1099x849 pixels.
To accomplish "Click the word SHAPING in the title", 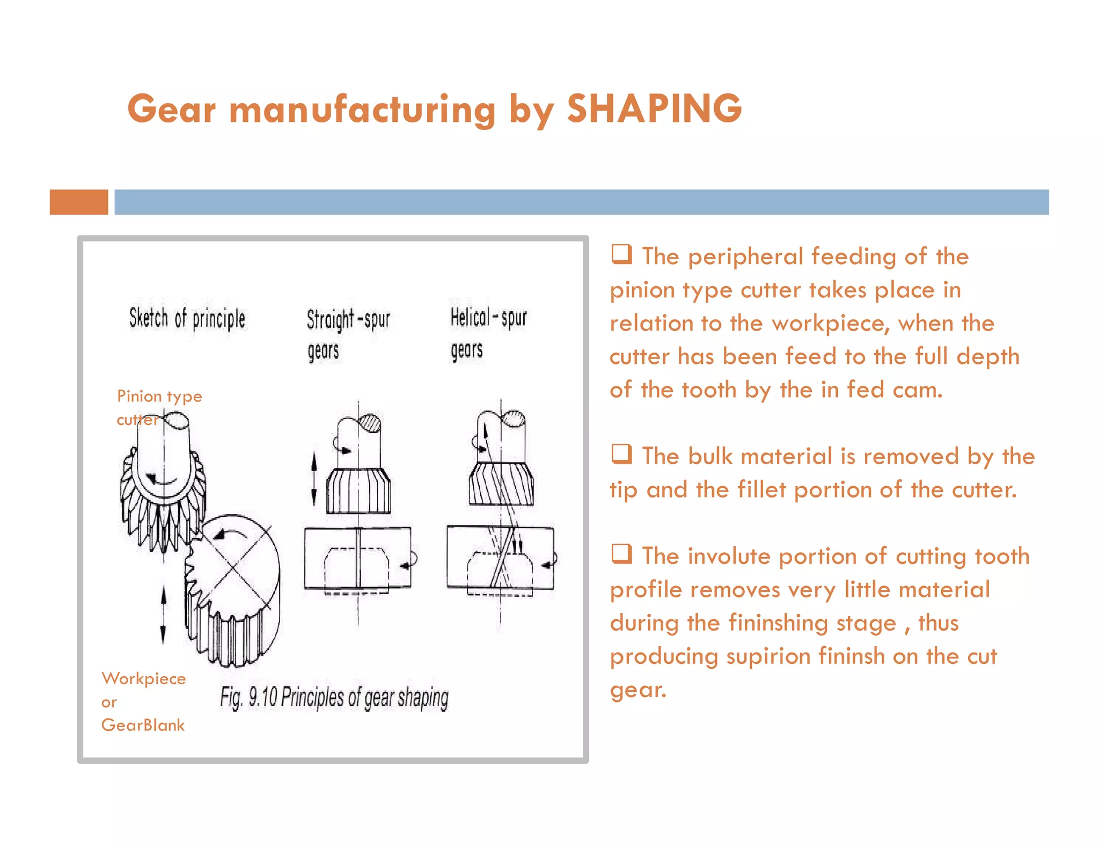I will point(654,109).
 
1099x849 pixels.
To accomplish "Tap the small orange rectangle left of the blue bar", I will point(79,202).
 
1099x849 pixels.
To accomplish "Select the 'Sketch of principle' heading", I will point(187,319).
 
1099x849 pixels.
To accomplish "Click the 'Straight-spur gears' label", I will point(348,334).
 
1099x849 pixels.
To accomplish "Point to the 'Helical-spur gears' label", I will point(488,333).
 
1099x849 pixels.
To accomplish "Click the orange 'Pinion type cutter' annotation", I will point(159,407).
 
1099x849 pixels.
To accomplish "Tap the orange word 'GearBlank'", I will point(143,726).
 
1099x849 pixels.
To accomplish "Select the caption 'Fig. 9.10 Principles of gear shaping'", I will point(334,698).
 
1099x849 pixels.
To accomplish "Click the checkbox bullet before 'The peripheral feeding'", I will point(622,254).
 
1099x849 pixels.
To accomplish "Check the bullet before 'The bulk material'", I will point(622,454).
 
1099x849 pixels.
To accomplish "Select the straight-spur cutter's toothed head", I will point(358,491).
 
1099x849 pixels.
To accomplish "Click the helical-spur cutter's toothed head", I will point(501,484).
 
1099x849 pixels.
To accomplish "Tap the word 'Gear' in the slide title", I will point(172,109).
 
